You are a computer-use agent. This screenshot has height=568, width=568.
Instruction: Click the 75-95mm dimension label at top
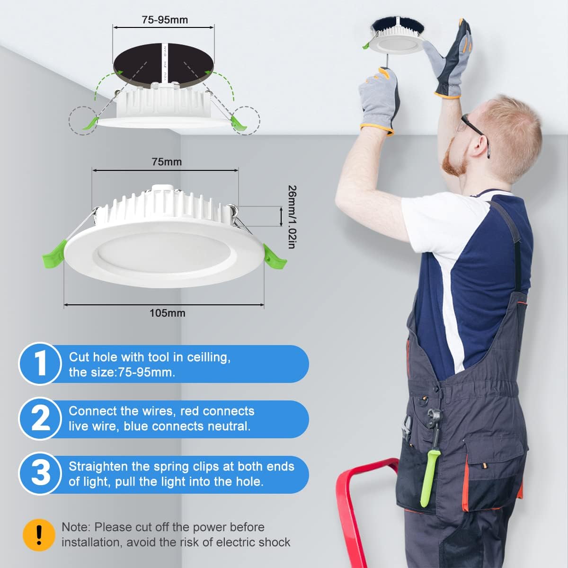click(x=165, y=20)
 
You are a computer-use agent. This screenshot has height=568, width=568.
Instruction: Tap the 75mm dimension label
click(x=167, y=162)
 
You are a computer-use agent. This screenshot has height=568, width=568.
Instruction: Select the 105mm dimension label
click(x=168, y=313)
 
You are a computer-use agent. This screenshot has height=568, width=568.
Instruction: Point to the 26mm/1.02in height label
click(x=292, y=217)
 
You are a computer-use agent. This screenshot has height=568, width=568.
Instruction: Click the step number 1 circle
click(x=40, y=364)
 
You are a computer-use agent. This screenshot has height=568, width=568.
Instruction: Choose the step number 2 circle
click(x=40, y=418)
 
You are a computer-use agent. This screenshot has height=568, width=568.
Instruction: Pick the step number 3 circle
click(x=40, y=474)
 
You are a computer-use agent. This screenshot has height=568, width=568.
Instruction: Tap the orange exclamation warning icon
click(x=39, y=535)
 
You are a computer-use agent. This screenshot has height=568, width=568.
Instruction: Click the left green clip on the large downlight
click(x=54, y=254)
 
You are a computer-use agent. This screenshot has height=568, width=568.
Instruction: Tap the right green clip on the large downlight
click(x=274, y=257)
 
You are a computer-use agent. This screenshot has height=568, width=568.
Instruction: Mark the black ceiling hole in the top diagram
click(x=164, y=66)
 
